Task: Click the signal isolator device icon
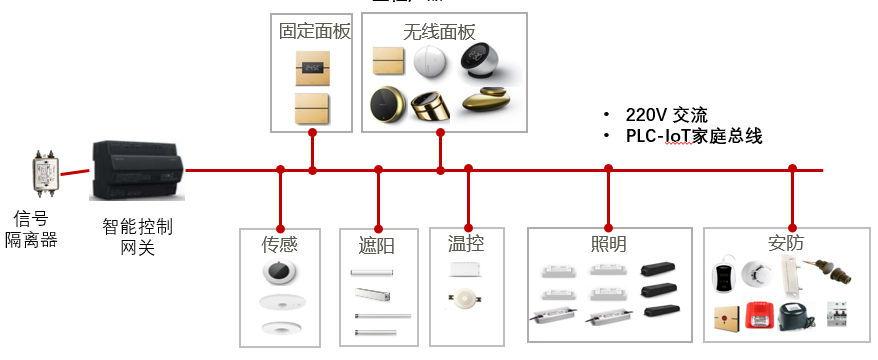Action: pos(41,177)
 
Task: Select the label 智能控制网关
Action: pos(137,236)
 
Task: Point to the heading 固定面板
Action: pos(314,31)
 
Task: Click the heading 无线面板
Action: pos(440,31)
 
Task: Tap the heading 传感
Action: pos(280,243)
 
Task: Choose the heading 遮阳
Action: pos(378,243)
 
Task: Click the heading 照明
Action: pos(608,243)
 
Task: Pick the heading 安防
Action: pos(788,243)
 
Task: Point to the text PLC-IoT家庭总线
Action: pos(694,136)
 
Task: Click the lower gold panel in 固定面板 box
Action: pos(313,108)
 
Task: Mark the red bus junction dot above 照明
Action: pos(608,170)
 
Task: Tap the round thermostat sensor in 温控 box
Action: pos(465,299)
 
